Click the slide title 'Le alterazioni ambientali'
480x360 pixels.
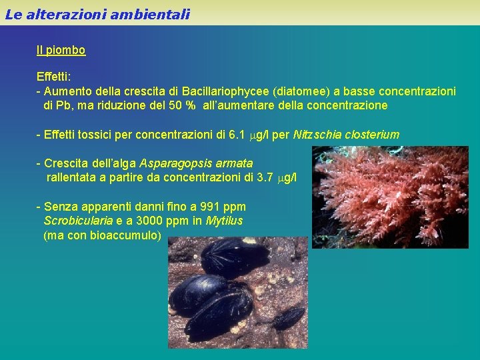click(x=97, y=13)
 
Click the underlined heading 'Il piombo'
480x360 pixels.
click(x=61, y=50)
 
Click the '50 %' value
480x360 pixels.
click(x=181, y=105)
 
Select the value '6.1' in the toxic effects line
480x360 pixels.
click(x=237, y=135)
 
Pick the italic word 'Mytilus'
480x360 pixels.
click(x=224, y=221)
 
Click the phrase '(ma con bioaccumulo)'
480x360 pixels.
click(x=102, y=235)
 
